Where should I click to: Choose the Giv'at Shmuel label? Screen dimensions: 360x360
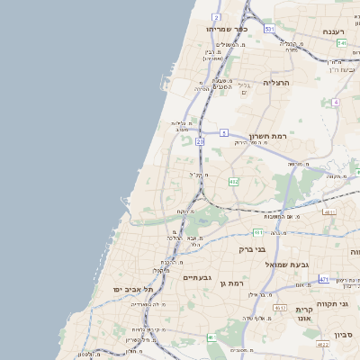click(287, 265)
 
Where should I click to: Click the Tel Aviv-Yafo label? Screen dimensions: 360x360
click(133, 290)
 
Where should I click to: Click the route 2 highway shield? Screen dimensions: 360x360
click(216, 17)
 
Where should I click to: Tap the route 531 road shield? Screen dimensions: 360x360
click(269, 29)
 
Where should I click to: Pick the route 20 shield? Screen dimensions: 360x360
click(200, 141)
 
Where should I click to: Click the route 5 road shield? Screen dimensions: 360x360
click(223, 132)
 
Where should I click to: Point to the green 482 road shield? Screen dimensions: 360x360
click(233, 182)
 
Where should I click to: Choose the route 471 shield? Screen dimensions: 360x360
click(324, 280)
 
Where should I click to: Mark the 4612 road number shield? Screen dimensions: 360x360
click(279, 308)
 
